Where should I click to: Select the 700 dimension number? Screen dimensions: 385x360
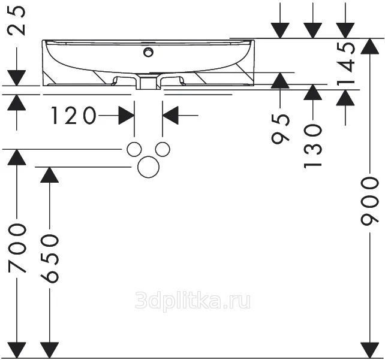click(x=17, y=248)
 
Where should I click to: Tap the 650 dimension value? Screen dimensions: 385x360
click(x=50, y=258)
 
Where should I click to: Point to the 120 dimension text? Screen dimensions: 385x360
click(x=73, y=115)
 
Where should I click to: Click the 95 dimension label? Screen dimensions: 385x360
click(x=281, y=129)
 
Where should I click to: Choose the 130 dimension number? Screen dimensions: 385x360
click(x=312, y=146)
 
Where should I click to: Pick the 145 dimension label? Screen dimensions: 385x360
click(x=345, y=63)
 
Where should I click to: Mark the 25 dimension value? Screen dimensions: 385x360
click(x=17, y=20)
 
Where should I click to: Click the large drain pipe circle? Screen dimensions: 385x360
click(x=149, y=167)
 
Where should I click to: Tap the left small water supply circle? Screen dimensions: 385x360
click(x=134, y=149)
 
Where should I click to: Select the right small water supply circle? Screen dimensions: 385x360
click(x=163, y=149)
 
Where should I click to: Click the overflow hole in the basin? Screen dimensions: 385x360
click(x=148, y=52)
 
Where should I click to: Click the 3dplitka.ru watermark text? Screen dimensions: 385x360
click(x=193, y=301)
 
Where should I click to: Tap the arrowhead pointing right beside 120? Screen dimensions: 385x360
click(x=127, y=115)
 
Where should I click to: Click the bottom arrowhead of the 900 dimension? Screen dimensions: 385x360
click(x=370, y=350)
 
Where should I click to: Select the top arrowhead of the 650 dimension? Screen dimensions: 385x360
click(x=50, y=175)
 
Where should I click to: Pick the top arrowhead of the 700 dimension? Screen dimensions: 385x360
click(x=17, y=157)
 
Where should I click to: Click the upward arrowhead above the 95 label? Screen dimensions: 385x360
click(x=281, y=80)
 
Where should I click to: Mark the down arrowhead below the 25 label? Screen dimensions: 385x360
click(x=17, y=78)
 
